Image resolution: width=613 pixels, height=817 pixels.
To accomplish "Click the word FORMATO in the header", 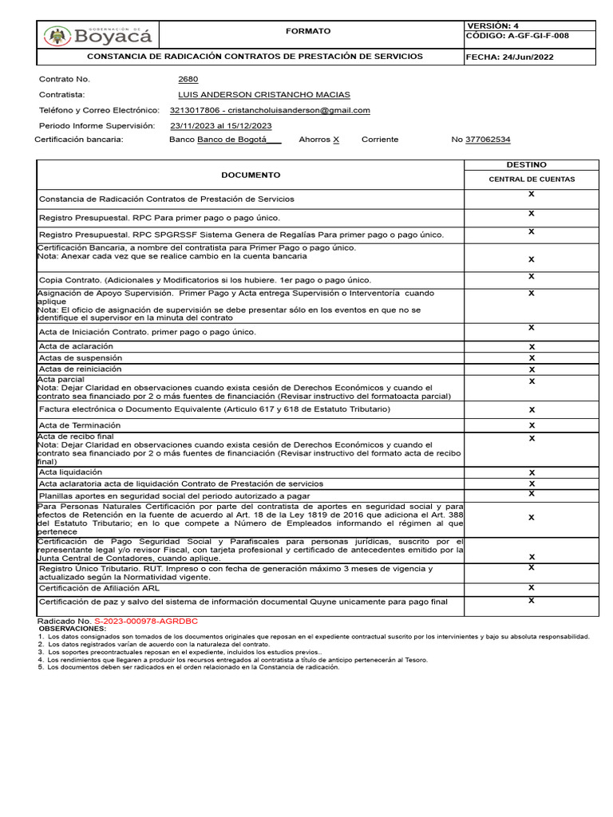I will coord(307,31).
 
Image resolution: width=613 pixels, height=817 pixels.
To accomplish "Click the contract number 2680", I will coord(188,79).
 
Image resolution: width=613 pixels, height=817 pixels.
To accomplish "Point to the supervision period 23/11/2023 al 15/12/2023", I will coord(221,125).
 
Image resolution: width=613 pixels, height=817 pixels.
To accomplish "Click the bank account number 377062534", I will coord(488,140).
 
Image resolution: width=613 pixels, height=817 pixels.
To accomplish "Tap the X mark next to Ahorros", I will coord(336,140).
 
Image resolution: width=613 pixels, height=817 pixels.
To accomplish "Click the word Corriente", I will coord(379,140).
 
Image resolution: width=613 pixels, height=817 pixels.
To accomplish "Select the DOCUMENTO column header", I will coord(251,175).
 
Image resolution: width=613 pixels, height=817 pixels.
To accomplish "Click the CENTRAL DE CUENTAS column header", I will coord(531,180).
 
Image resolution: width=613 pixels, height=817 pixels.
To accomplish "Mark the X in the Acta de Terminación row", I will coord(532,425).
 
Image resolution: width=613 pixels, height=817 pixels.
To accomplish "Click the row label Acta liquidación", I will coord(70,472).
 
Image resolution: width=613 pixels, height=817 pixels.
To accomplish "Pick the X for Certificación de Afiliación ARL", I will coord(532,587).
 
